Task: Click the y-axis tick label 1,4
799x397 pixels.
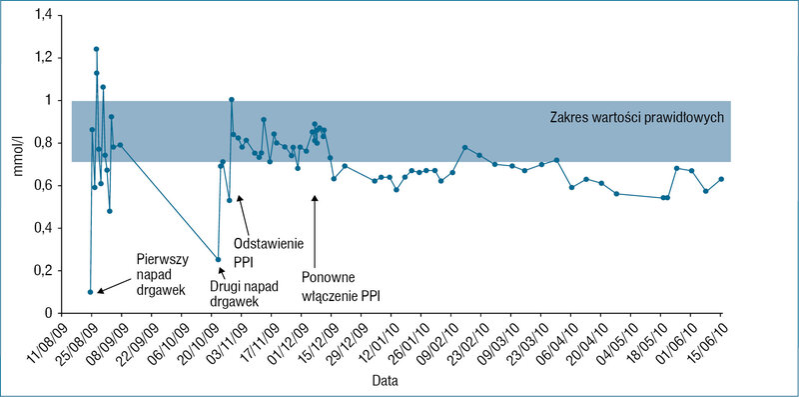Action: (43, 15)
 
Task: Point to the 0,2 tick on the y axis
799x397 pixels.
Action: (43, 270)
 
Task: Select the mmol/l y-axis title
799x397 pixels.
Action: (19, 160)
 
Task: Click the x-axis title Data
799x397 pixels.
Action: (385, 381)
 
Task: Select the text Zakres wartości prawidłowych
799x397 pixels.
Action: (637, 117)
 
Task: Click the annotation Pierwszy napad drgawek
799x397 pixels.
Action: (161, 275)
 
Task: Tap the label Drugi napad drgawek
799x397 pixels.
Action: (244, 293)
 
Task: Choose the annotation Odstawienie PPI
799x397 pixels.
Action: (268, 253)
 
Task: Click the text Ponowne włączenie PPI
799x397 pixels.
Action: (341, 287)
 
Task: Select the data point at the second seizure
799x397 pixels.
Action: (218, 259)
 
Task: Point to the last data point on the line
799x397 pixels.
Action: (721, 179)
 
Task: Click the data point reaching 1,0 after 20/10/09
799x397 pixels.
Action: (232, 100)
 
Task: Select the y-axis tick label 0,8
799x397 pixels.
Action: (43, 143)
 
